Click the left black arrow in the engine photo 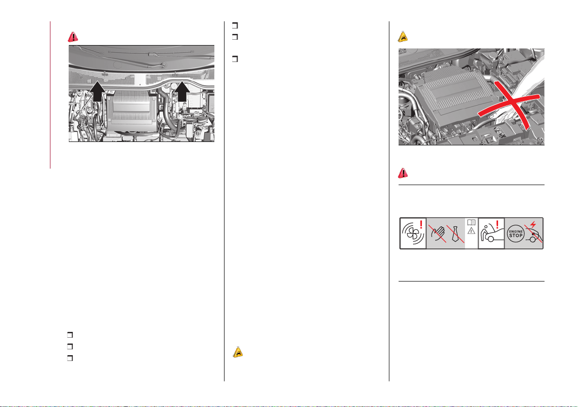pos(97,92)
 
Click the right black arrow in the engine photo pos(182,92)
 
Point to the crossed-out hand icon pos(437,234)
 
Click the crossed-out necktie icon pos(456,234)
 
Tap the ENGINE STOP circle pos(516,234)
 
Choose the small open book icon pos(471,222)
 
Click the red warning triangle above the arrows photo pos(73,37)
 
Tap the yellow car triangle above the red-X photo pos(403,37)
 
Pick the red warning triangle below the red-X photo pos(403,173)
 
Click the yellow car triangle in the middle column pos(238,352)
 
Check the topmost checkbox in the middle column pos(235,25)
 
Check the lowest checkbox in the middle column pos(235,59)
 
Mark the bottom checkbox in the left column pos(70,358)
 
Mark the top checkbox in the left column pos(70,335)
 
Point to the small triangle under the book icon pos(471,231)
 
